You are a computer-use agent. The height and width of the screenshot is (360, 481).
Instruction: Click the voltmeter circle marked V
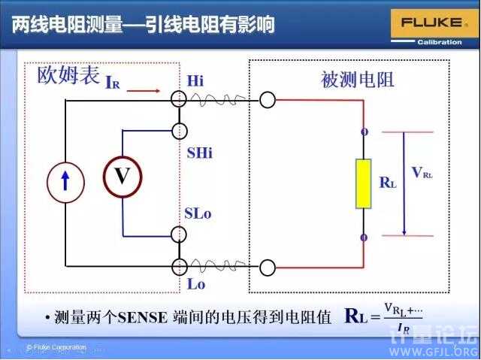click(x=122, y=177)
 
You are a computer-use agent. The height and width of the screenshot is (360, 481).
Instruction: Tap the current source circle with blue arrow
click(x=65, y=181)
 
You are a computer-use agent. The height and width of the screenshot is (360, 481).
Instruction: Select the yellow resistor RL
click(x=364, y=183)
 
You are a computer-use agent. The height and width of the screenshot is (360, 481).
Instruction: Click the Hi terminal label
click(x=195, y=80)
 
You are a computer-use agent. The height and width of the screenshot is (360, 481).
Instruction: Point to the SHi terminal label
click(x=199, y=153)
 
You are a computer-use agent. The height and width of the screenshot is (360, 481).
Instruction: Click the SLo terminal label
click(x=198, y=213)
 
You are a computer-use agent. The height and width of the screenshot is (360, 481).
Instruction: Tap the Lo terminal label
click(x=195, y=284)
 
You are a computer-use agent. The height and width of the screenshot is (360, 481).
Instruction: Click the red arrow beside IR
click(x=144, y=91)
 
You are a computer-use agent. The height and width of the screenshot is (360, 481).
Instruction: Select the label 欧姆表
click(x=68, y=76)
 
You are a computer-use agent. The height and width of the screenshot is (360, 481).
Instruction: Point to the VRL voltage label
click(x=422, y=173)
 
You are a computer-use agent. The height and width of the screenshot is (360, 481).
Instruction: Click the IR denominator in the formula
click(x=405, y=329)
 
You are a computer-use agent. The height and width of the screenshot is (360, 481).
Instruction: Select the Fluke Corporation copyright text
click(x=56, y=347)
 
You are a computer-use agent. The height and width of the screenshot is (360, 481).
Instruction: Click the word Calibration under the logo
click(x=440, y=42)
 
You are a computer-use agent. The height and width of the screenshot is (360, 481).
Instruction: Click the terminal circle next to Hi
click(x=179, y=98)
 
